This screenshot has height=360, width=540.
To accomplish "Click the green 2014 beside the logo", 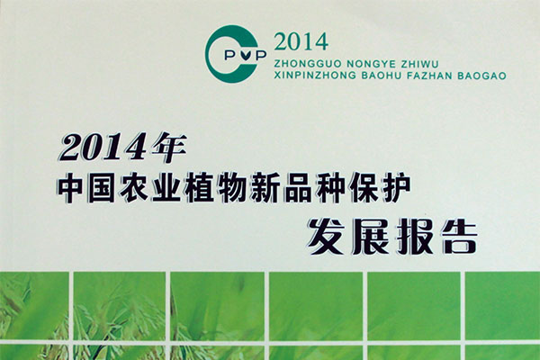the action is tap(301, 41).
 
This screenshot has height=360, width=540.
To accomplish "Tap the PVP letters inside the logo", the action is tap(245, 55).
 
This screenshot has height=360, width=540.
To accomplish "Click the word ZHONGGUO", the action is tap(308, 64).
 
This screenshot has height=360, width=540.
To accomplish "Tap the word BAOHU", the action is tap(382, 76).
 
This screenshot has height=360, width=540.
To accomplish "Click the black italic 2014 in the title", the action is tap(103, 148).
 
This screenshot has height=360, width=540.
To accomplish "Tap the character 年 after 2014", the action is tap(168, 148).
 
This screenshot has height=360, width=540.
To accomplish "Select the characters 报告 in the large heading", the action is tap(437, 237).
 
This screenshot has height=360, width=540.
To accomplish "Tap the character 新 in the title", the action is tap(265, 189).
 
